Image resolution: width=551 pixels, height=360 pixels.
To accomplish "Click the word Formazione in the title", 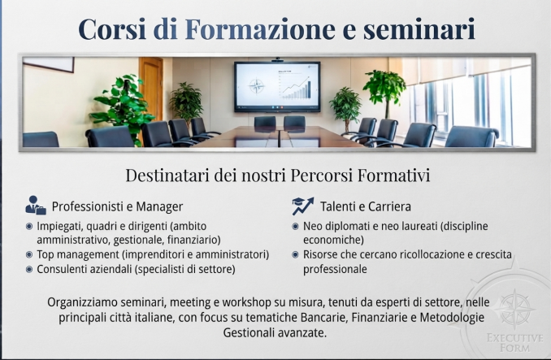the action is pyautogui.click(x=260, y=28).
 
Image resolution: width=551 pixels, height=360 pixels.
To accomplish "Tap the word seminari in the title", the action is pyautogui.click(x=419, y=28).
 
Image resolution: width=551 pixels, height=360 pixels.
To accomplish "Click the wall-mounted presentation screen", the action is pyautogui.click(x=277, y=87).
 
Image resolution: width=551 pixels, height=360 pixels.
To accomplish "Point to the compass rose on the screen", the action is pyautogui.click(x=256, y=86).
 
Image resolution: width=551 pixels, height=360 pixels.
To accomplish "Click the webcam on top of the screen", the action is pyautogui.click(x=277, y=59).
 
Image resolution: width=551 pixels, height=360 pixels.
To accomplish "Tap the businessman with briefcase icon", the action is pyautogui.click(x=36, y=205).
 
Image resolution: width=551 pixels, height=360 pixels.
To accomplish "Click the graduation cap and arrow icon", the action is pyautogui.click(x=302, y=206).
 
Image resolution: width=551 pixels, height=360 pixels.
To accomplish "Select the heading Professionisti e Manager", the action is pyautogui.click(x=117, y=206).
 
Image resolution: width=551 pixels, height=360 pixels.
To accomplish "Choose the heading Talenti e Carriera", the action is pyautogui.click(x=366, y=206).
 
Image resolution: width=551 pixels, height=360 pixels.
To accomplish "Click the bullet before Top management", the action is pyautogui.click(x=29, y=254).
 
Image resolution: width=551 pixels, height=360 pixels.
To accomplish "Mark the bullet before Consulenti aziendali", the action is pyautogui.click(x=29, y=269).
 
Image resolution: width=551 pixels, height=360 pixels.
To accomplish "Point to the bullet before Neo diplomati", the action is pyautogui.click(x=296, y=226).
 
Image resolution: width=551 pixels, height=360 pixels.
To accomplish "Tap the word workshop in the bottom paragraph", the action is pyautogui.click(x=246, y=302).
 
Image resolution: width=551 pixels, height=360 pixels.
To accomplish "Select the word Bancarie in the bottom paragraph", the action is pyautogui.click(x=323, y=317).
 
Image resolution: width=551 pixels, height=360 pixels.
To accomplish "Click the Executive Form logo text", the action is pyautogui.click(x=514, y=343).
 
